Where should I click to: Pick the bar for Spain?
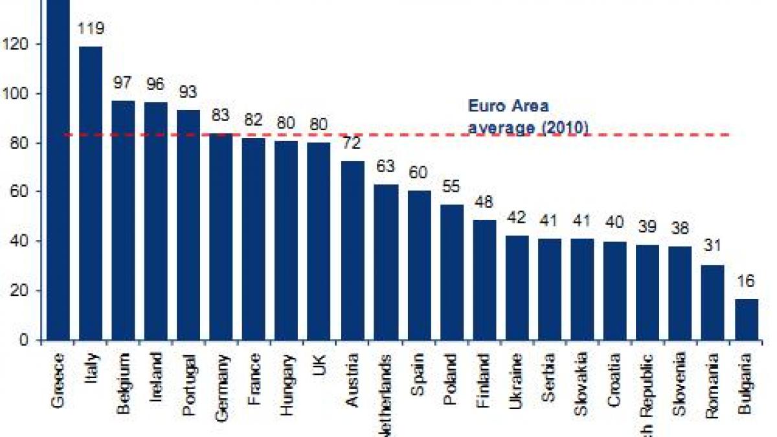click(x=418, y=265)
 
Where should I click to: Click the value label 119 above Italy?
click(x=91, y=29)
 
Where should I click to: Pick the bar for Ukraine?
click(x=517, y=287)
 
